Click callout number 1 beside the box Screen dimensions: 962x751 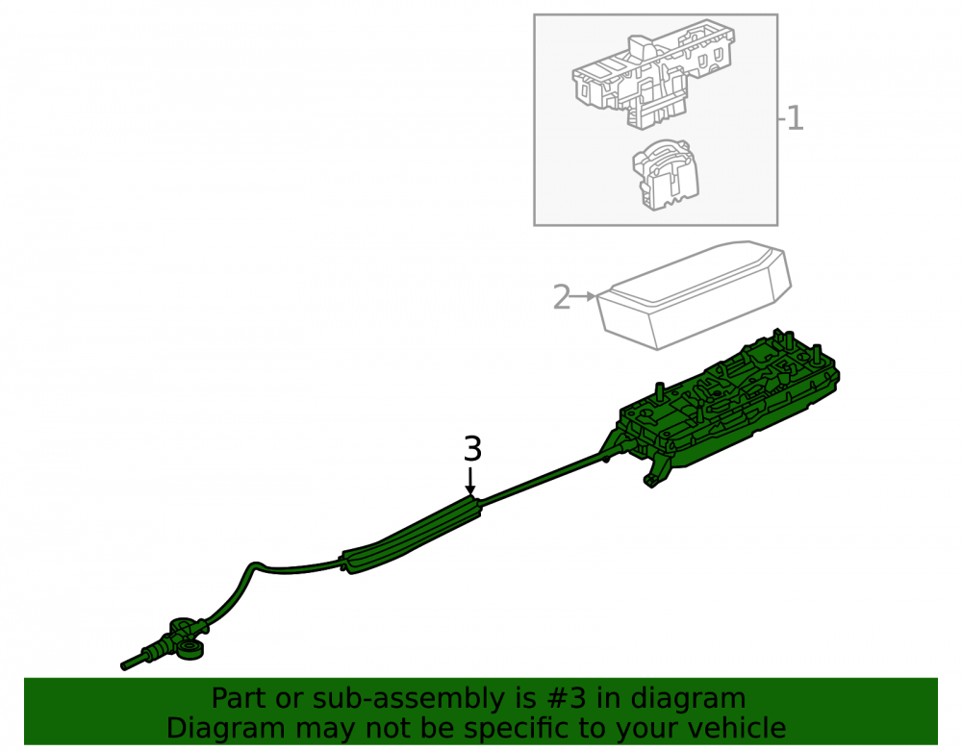point(796,118)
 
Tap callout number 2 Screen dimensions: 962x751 point(562,297)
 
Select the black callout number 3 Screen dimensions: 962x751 point(472,449)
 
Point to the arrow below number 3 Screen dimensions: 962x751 point(470,480)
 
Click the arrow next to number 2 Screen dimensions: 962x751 point(583,297)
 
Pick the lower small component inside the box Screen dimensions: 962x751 point(666,175)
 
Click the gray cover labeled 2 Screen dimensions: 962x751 point(695,294)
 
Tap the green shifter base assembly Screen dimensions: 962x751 point(727,410)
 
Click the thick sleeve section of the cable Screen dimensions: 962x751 point(411,536)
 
